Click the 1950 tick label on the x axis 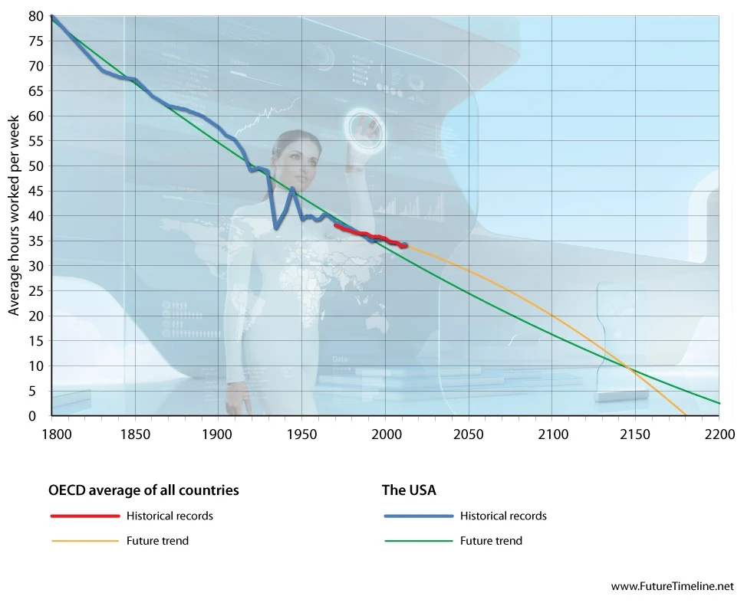coord(301,433)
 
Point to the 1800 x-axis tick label coord(51,433)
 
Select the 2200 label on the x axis coord(719,433)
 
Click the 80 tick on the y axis coord(36,16)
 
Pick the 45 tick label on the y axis coord(36,191)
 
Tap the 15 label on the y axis coord(36,341)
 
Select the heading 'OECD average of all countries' coord(143,490)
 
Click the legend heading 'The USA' coord(409,490)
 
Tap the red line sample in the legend coord(84,516)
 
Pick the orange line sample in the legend coord(84,541)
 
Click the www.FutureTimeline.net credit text coord(672,586)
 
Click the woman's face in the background coord(299,157)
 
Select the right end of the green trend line coord(719,403)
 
